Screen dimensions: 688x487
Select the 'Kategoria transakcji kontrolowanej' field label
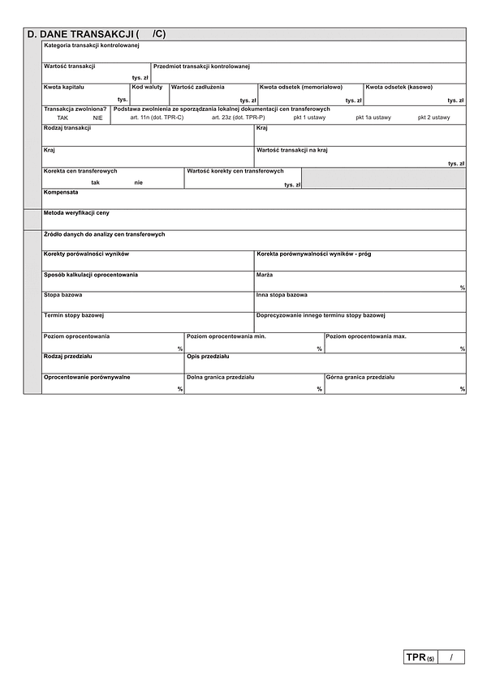pyautogui.click(x=92, y=46)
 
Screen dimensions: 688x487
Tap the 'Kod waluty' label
pyautogui.click(x=148, y=86)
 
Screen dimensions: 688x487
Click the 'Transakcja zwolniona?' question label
pyautogui.click(x=75, y=109)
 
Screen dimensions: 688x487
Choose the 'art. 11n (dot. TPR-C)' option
pyautogui.click(x=157, y=118)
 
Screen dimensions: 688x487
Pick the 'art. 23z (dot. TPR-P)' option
pyautogui.click(x=238, y=118)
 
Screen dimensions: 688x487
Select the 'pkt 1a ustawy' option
pyautogui.click(x=373, y=118)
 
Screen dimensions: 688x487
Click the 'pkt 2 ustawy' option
pyautogui.click(x=433, y=118)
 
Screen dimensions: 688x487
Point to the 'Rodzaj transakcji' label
pyautogui.click(x=67, y=128)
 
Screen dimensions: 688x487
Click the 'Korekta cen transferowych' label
pyautogui.click(x=80, y=171)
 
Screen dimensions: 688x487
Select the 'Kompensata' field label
pyautogui.click(x=61, y=192)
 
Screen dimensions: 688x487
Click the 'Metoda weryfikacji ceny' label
pyautogui.click(x=76, y=212)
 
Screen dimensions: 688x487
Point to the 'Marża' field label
pyautogui.click(x=265, y=275)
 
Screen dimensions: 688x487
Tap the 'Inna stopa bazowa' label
pyautogui.click(x=282, y=295)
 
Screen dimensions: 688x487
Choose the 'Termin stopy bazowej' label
pyautogui.click(x=74, y=315)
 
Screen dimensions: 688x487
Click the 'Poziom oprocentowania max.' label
pyautogui.click(x=366, y=335)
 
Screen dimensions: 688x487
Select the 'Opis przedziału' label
pyautogui.click(x=209, y=357)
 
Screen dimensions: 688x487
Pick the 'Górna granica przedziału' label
pyautogui.click(x=360, y=377)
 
